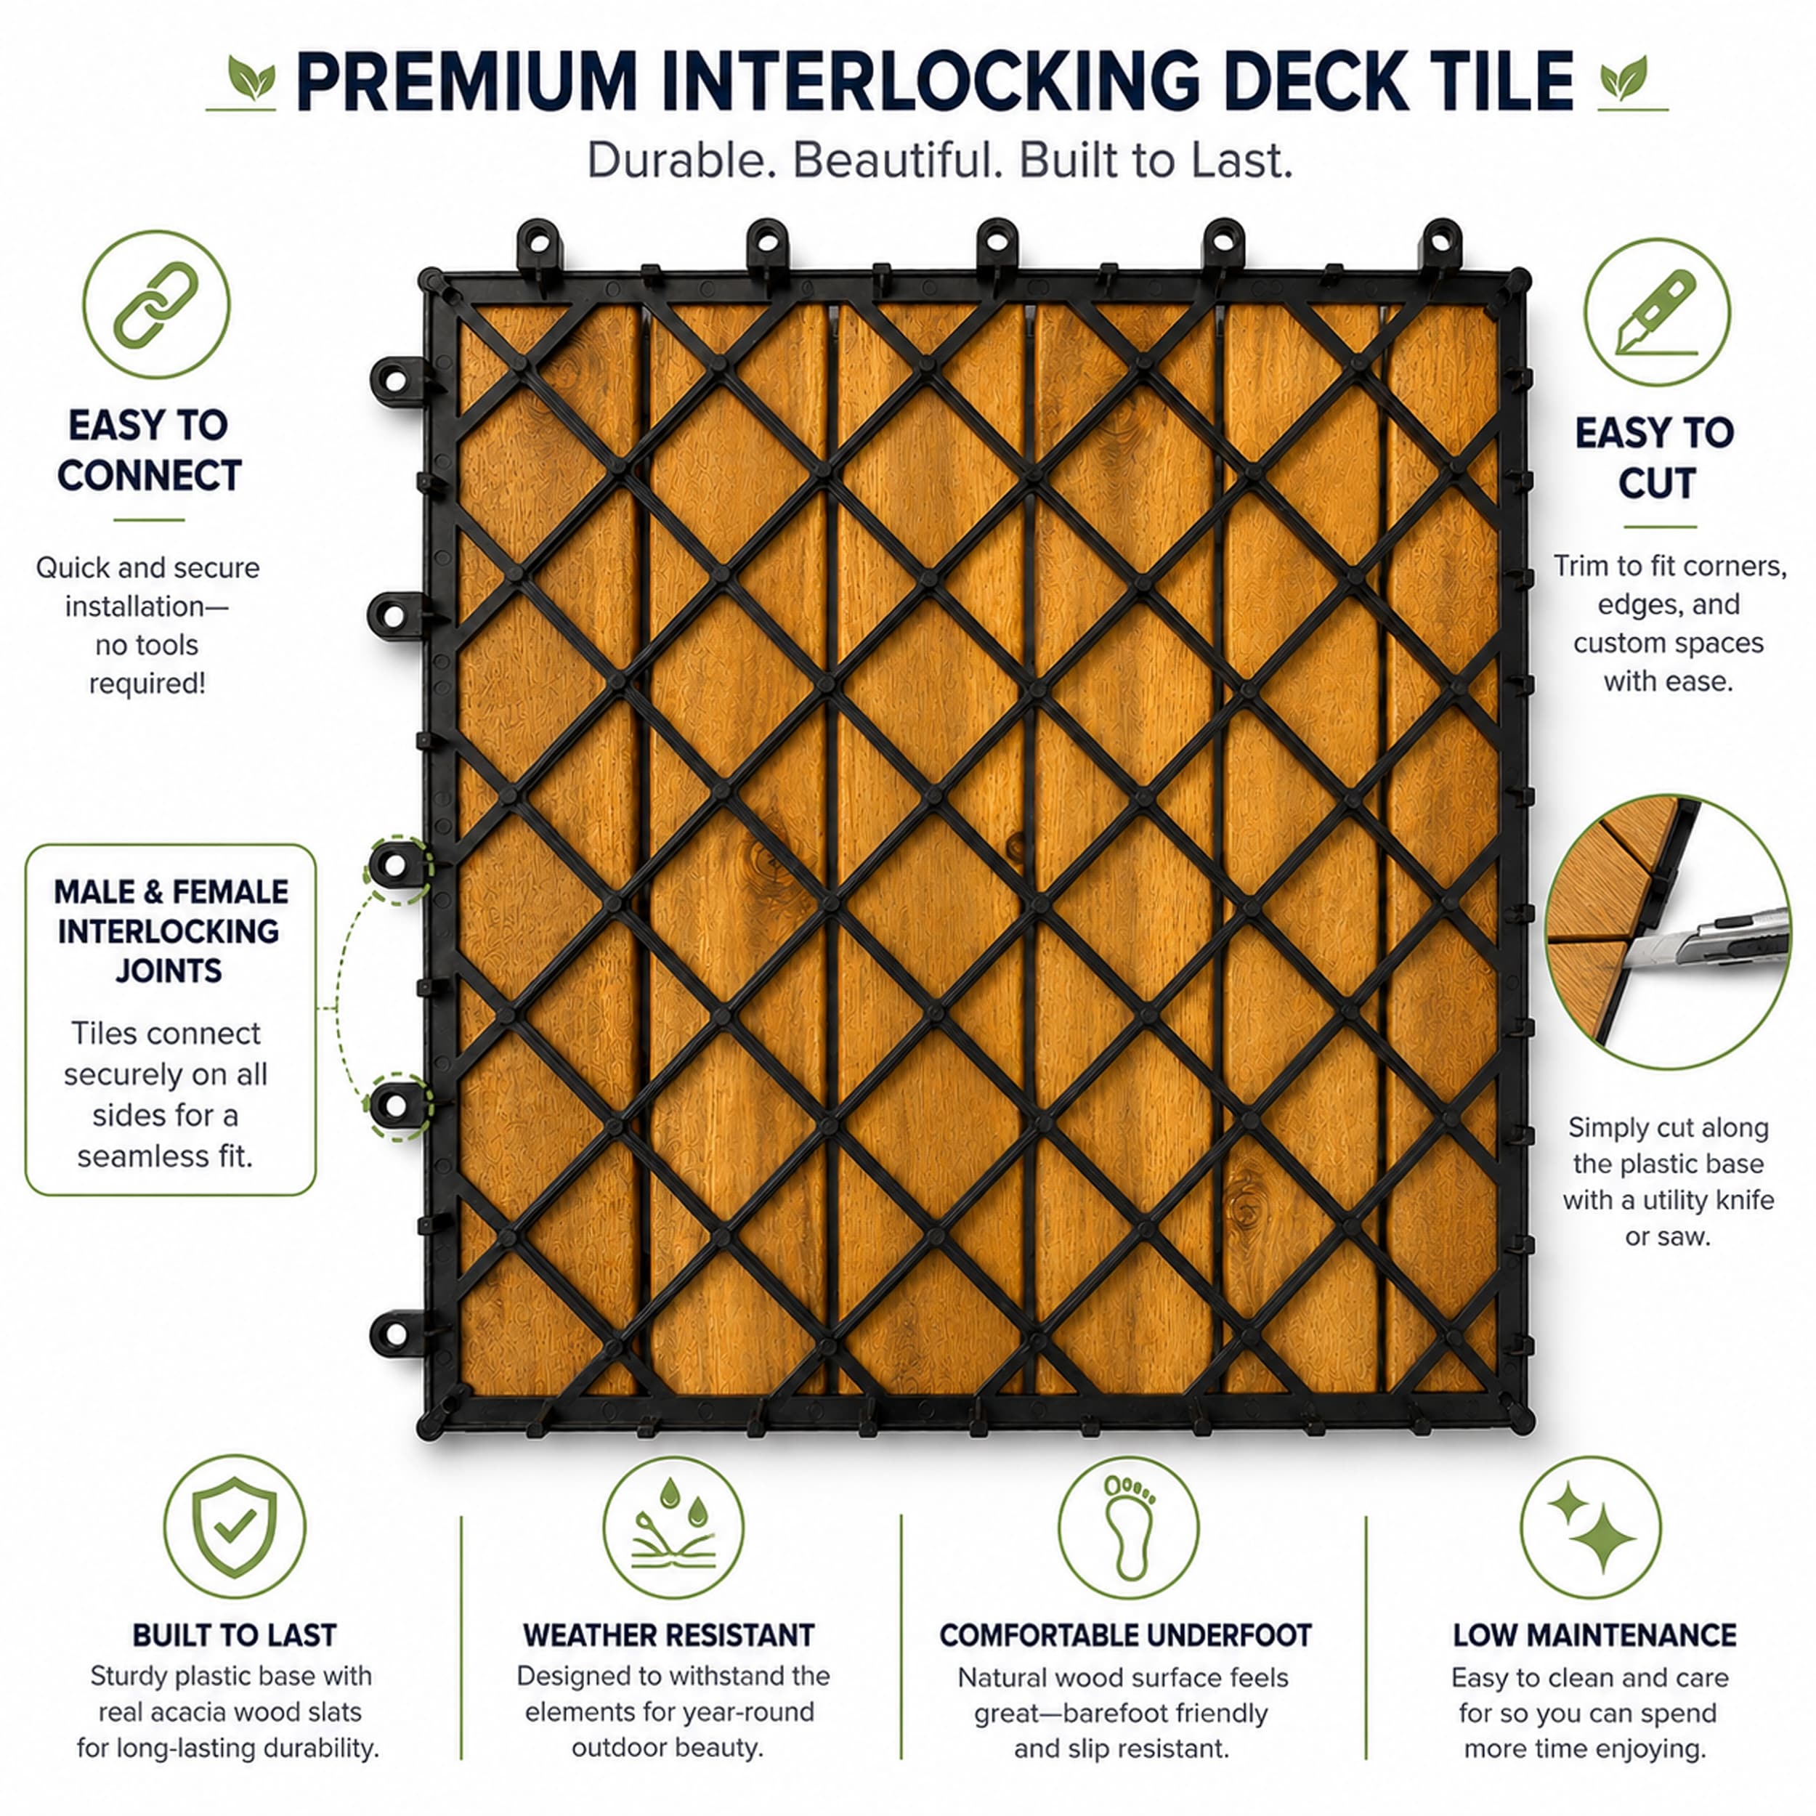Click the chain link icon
point(156,304)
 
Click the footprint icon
point(1128,1526)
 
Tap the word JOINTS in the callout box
point(169,970)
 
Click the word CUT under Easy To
point(1656,483)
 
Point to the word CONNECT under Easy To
point(150,476)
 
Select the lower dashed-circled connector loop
point(396,1106)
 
